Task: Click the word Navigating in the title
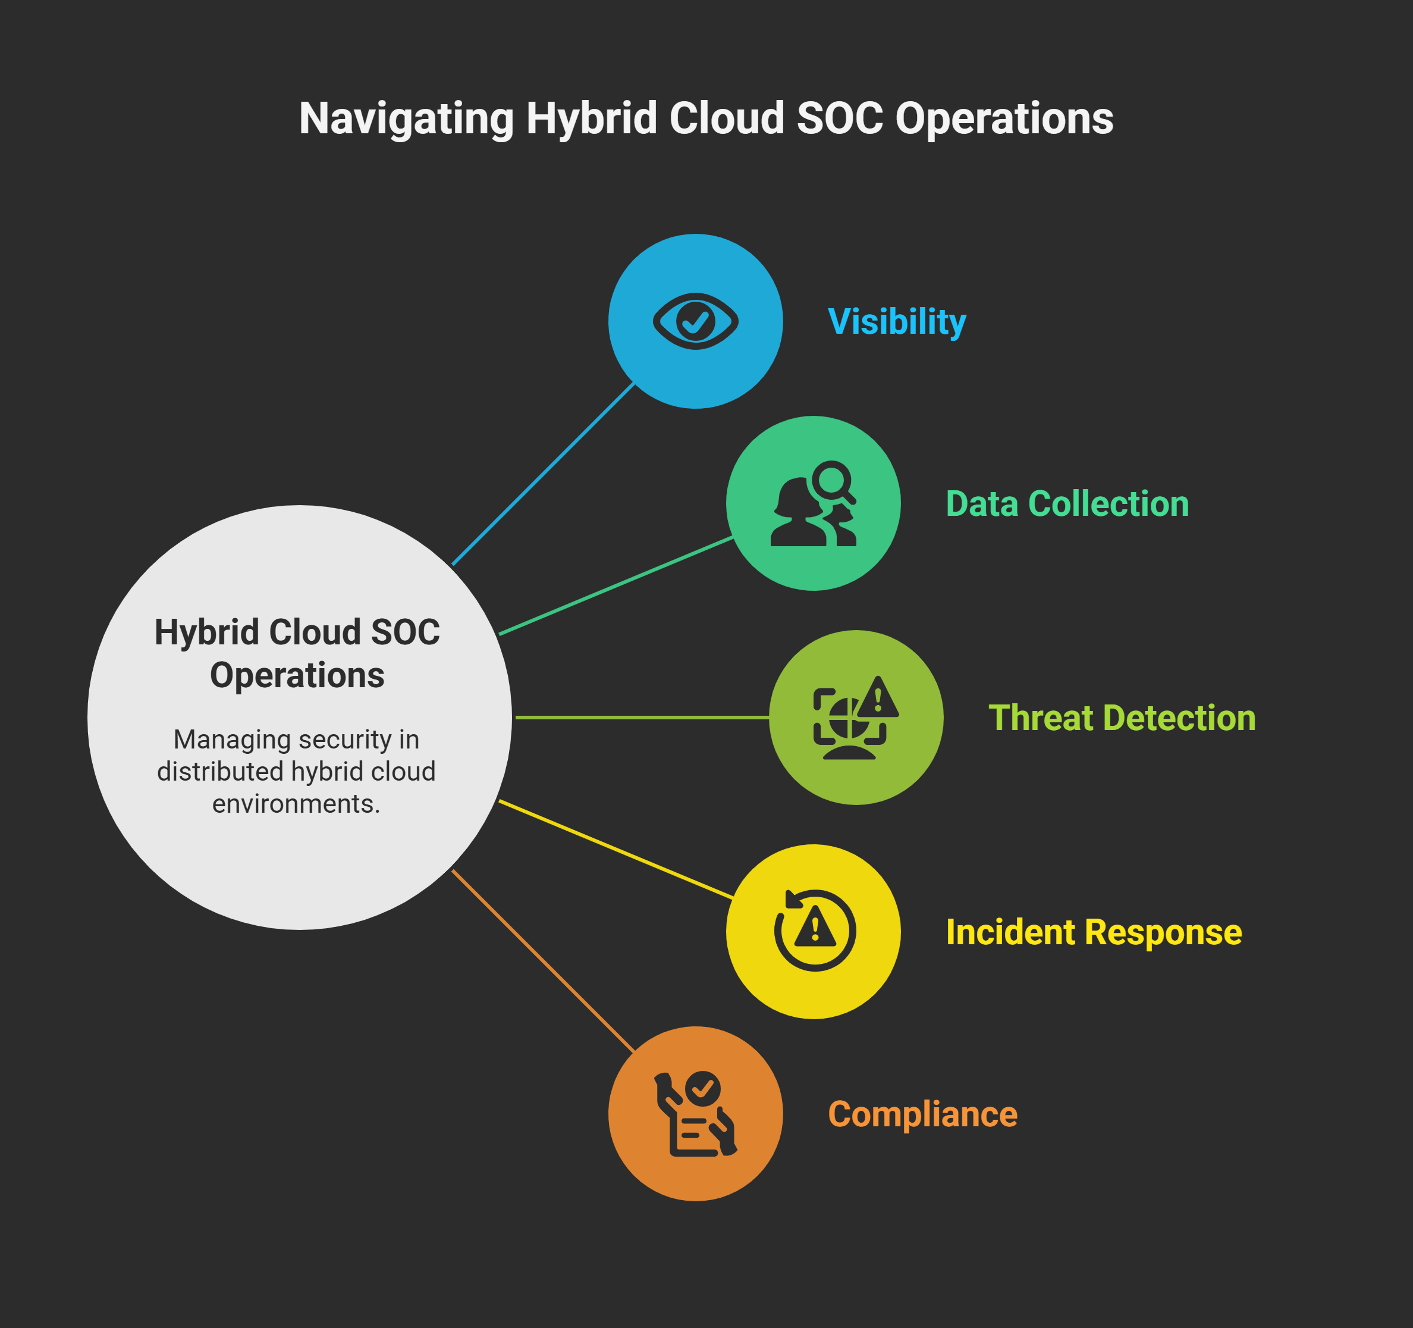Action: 406,119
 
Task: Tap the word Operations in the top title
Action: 1004,119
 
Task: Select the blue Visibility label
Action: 897,321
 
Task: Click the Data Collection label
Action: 1067,503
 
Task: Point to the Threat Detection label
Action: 1122,718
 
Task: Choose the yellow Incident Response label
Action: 1093,932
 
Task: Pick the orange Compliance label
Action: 922,1114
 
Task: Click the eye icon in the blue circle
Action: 695,321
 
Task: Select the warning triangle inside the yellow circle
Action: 815,928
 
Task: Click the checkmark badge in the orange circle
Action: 703,1088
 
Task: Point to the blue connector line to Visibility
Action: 543,474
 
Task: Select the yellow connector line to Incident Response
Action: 616,850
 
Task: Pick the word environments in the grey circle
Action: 296,804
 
